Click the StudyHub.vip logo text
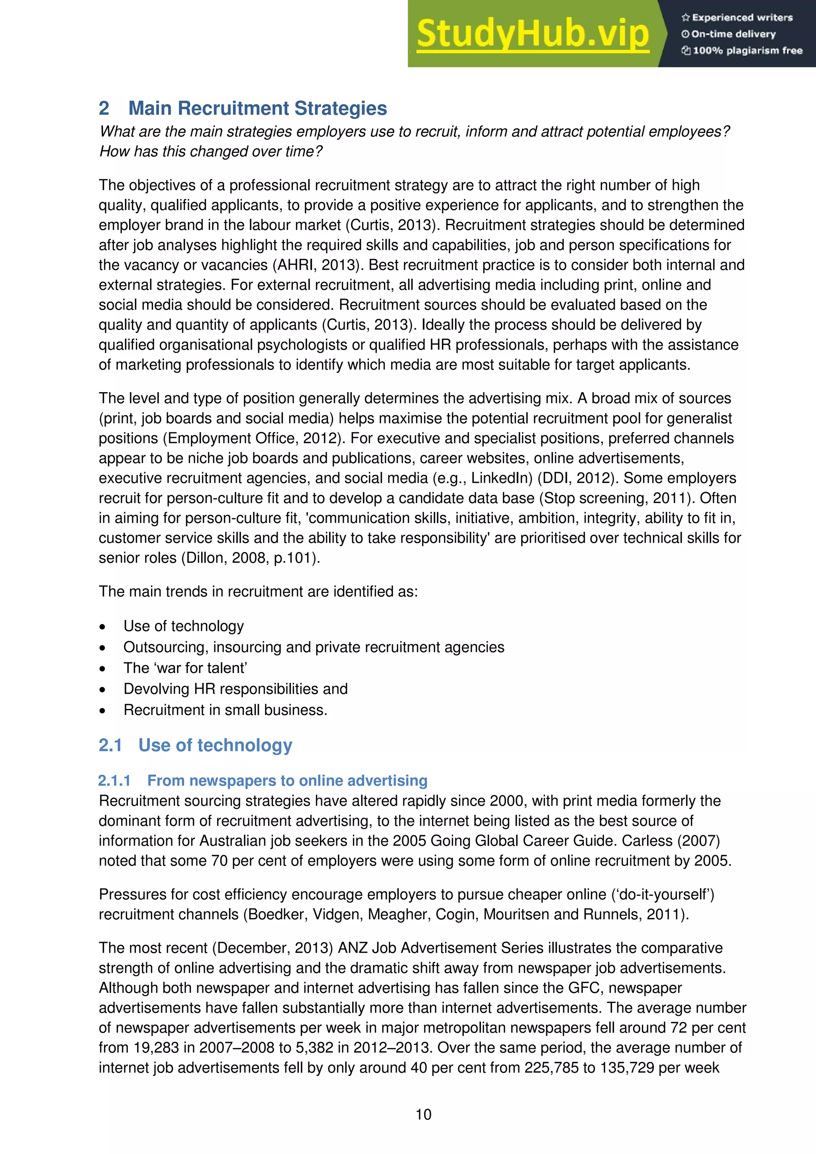click(x=533, y=34)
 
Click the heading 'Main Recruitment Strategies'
click(x=257, y=108)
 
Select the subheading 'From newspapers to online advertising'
click(x=287, y=780)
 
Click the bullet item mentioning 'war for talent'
click(x=185, y=667)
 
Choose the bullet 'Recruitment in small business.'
click(x=225, y=710)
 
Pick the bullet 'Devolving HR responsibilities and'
click(x=235, y=689)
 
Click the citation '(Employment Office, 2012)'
click(x=254, y=438)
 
